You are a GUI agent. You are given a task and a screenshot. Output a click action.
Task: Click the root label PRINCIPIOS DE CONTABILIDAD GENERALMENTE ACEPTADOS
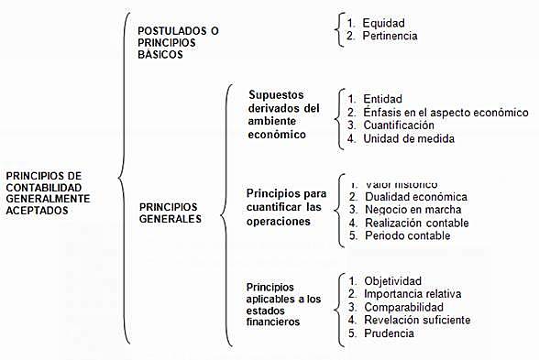click(48, 191)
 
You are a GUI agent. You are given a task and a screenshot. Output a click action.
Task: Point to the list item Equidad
click(383, 22)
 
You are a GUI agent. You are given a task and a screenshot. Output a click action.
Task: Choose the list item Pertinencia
click(390, 37)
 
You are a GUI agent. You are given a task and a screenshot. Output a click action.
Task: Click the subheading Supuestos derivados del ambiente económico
click(284, 115)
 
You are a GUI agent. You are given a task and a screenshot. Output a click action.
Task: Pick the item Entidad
click(382, 98)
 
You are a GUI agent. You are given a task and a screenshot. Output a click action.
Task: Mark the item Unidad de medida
click(408, 138)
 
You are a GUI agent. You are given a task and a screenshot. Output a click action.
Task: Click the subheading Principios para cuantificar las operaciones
click(286, 207)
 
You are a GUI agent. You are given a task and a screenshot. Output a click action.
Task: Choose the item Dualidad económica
click(415, 197)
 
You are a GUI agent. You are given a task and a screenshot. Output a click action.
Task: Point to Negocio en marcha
click(411, 210)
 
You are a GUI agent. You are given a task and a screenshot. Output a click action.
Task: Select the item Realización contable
click(414, 223)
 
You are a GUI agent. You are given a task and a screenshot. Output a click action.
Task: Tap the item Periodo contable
click(407, 235)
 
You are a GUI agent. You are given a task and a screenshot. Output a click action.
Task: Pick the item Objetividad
click(392, 280)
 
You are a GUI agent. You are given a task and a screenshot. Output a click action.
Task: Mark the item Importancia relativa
click(412, 293)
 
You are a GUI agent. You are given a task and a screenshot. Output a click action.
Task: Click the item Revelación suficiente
click(417, 320)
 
